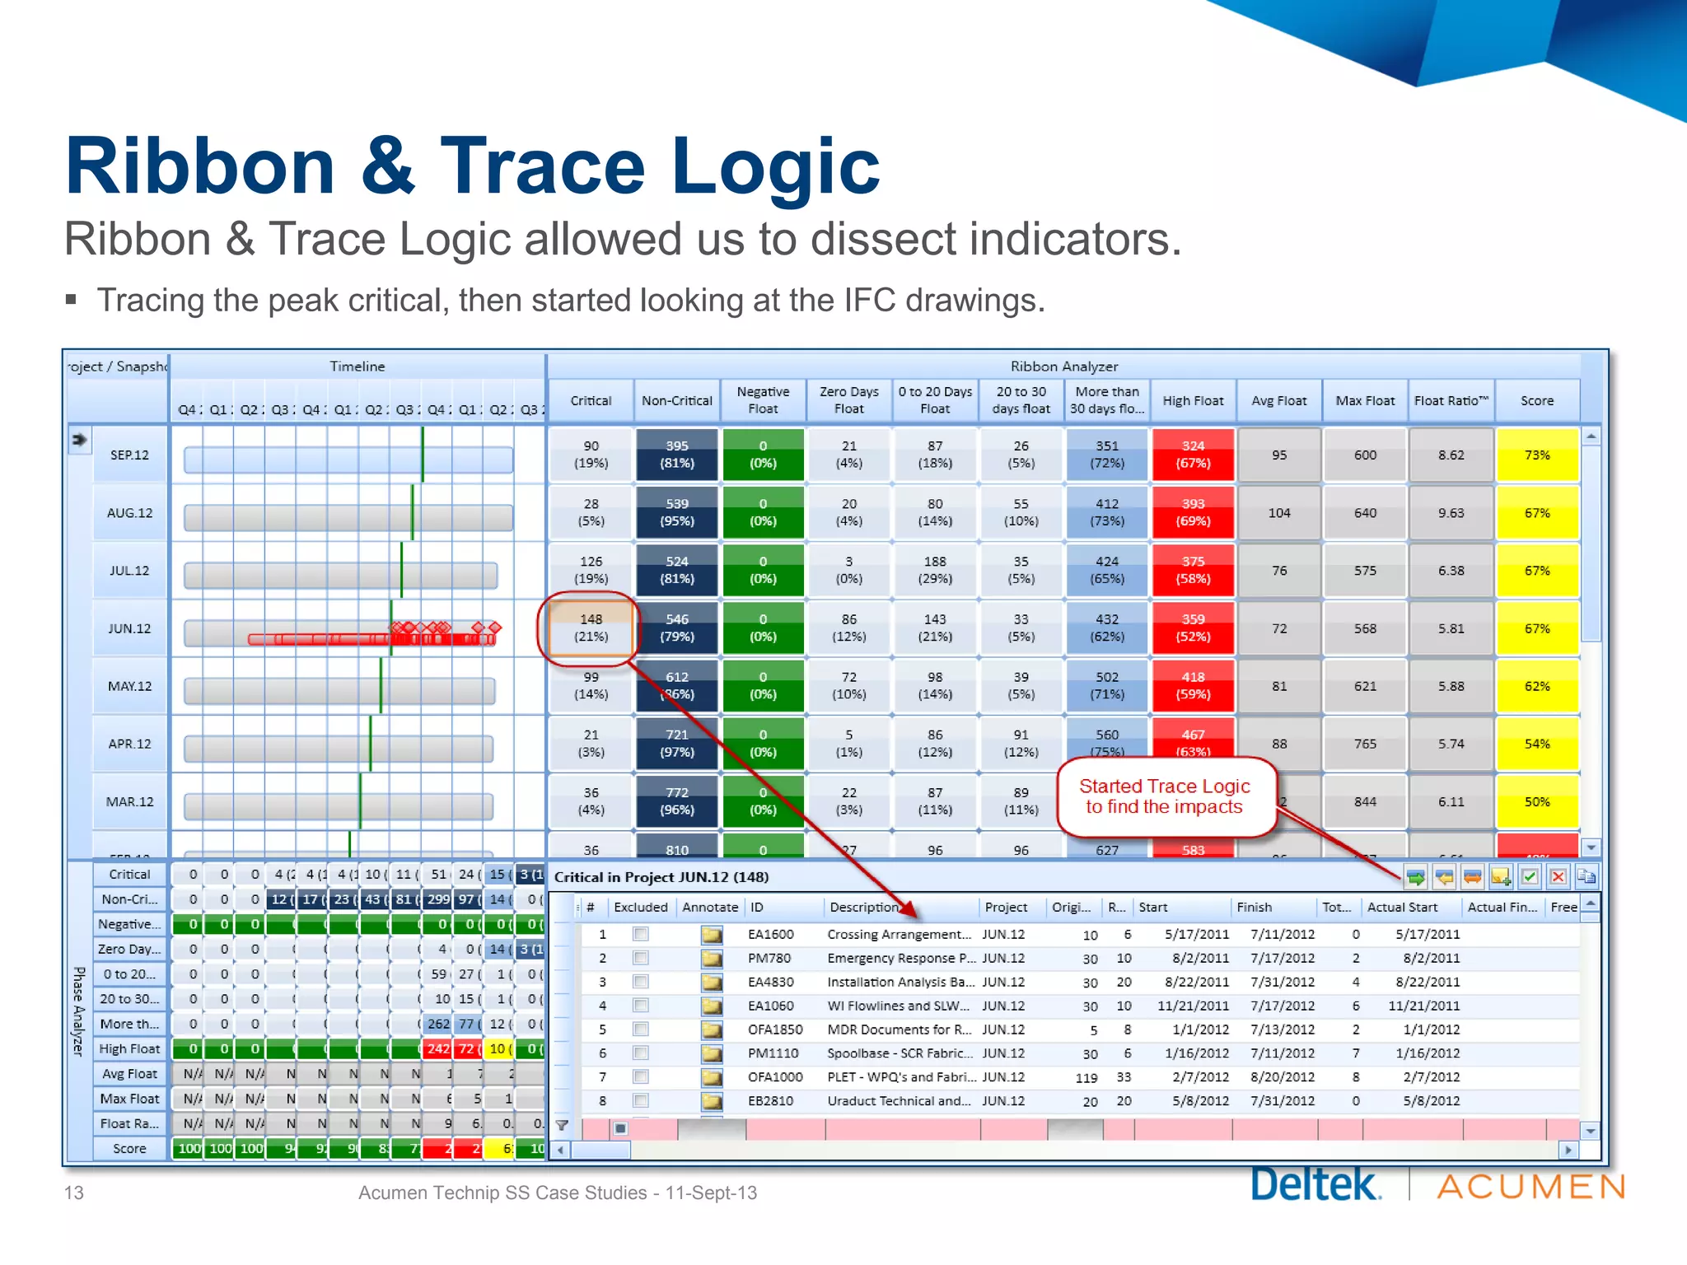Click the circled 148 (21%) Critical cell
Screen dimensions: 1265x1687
click(591, 628)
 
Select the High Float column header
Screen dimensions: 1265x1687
click(1193, 401)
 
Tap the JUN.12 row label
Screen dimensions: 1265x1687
click(129, 628)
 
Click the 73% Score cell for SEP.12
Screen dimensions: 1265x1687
click(1536, 455)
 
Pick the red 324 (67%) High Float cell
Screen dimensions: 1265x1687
click(1193, 455)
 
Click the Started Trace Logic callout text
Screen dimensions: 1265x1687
click(1164, 796)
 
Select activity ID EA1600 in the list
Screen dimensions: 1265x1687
click(770, 934)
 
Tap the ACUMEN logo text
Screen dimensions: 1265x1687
click(1531, 1187)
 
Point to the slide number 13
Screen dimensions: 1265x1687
click(74, 1193)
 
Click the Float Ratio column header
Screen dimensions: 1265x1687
click(1451, 401)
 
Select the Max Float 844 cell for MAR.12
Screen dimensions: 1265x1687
click(1365, 801)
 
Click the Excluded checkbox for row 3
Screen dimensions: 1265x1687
click(640, 982)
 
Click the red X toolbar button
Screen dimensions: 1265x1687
click(1558, 877)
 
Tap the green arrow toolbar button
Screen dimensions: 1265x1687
click(1415, 877)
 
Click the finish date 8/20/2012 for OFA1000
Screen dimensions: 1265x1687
click(1282, 1077)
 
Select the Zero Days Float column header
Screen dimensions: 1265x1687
click(848, 401)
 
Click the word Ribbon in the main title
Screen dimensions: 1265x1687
click(200, 167)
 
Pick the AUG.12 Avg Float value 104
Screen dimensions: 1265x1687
click(1278, 513)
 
